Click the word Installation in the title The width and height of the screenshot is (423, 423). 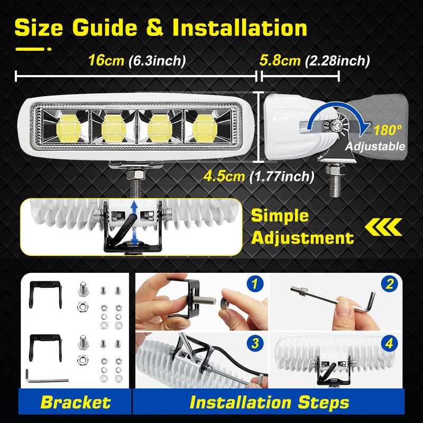pyautogui.click(x=240, y=28)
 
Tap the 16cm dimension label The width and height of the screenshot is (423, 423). pyautogui.click(x=106, y=60)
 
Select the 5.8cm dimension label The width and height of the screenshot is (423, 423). pyautogui.click(x=280, y=60)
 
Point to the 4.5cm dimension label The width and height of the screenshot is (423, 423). pyautogui.click(x=224, y=177)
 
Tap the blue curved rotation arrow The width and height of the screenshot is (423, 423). pyautogui.click(x=337, y=115)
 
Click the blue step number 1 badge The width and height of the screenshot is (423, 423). pyautogui.click(x=255, y=284)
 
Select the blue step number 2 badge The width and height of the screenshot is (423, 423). pyautogui.click(x=389, y=284)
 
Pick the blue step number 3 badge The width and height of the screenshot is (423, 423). pyautogui.click(x=255, y=343)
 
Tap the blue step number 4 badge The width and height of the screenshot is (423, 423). pyautogui.click(x=389, y=343)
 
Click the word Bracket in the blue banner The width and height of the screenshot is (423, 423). pyautogui.click(x=76, y=402)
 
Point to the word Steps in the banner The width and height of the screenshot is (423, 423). pyautogui.click(x=324, y=403)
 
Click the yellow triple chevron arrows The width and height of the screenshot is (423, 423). pyautogui.click(x=383, y=227)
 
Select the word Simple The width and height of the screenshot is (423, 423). pyautogui.click(x=280, y=216)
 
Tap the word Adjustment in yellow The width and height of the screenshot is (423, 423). pyautogui.click(x=302, y=237)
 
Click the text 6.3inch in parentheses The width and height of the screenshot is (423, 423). pyautogui.click(x=157, y=61)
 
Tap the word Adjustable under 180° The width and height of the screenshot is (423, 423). pyautogui.click(x=375, y=146)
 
